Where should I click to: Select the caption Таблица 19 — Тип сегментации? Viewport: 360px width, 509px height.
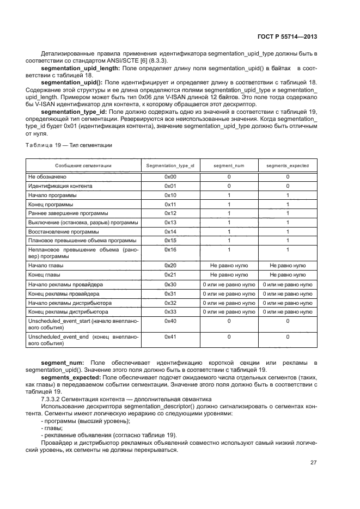(69, 145)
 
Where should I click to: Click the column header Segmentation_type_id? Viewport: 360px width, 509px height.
(170, 165)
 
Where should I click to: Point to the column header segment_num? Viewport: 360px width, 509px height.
(229, 165)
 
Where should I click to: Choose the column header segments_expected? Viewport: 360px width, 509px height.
(288, 165)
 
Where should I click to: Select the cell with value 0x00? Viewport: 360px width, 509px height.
(170, 177)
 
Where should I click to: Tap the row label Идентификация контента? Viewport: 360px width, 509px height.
(60, 186)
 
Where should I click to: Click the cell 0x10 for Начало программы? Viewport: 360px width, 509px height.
(170, 194)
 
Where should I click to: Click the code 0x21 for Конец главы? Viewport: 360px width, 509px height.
(170, 274)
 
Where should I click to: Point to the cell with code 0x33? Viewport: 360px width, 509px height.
(170, 311)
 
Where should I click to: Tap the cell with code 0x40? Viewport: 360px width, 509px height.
(170, 321)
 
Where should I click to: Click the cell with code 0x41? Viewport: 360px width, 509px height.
(170, 337)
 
